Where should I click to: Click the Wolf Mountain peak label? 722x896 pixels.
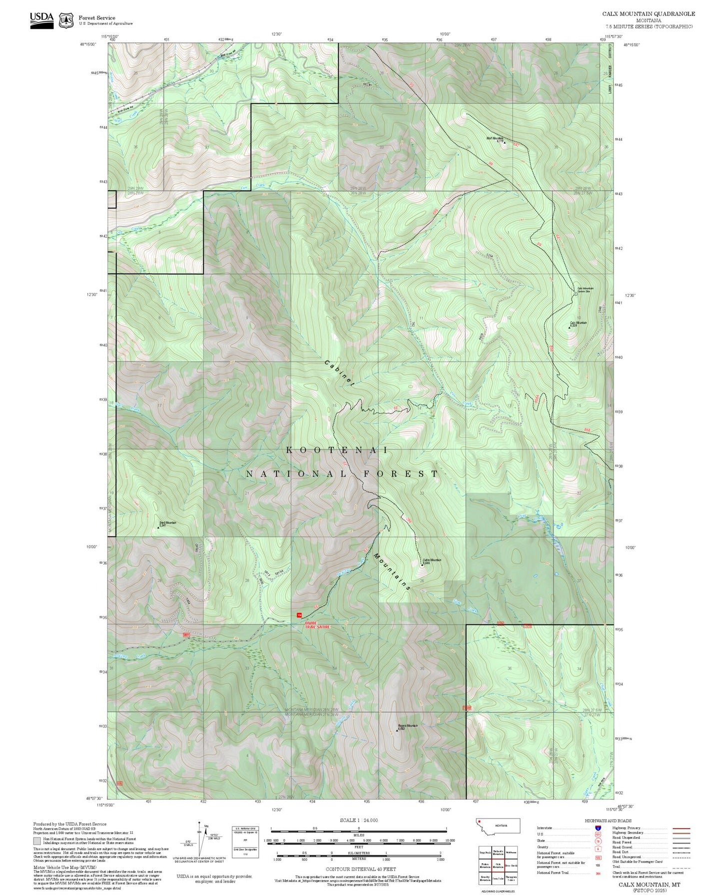pyautogui.click(x=495, y=139)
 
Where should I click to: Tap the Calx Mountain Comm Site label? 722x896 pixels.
pyautogui.click(x=585, y=289)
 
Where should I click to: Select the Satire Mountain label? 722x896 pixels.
pyautogui.click(x=432, y=561)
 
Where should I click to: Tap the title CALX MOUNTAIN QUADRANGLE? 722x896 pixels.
pyautogui.click(x=648, y=14)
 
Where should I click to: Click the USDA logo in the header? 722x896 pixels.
pyautogui.click(x=41, y=18)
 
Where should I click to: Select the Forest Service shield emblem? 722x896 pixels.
pyautogui.click(x=66, y=20)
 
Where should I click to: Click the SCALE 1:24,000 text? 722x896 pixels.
pyautogui.click(x=359, y=820)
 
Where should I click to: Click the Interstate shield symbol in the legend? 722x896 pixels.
pyautogui.click(x=598, y=828)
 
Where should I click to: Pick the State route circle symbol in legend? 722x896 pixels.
pyautogui.click(x=598, y=841)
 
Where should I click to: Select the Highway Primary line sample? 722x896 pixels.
pyautogui.click(x=681, y=828)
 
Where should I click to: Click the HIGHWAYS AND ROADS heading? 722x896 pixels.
pyautogui.click(x=608, y=821)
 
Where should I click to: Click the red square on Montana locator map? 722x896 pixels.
pyautogui.click(x=479, y=821)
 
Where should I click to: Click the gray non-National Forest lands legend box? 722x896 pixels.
pyautogui.click(x=37, y=841)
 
